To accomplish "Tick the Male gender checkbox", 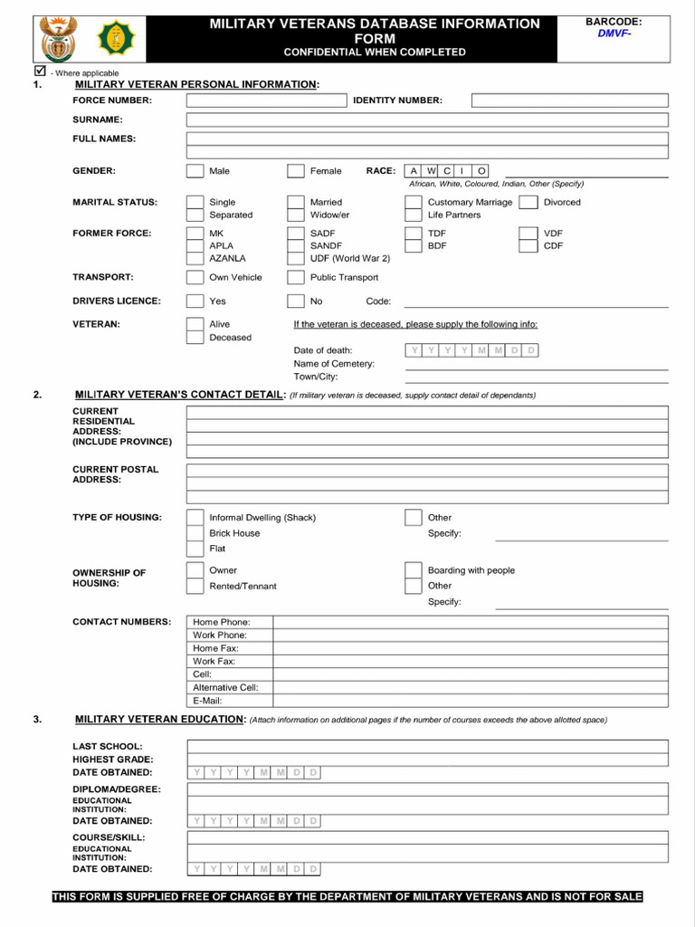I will click(x=195, y=171).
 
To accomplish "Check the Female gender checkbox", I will click(x=296, y=171).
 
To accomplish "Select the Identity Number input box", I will click(x=569, y=100).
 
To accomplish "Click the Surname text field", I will click(x=427, y=119).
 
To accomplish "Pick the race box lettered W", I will click(x=431, y=170).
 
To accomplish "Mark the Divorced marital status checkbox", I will click(x=528, y=202).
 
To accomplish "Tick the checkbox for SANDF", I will click(x=296, y=245).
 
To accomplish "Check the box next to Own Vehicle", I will click(x=195, y=278).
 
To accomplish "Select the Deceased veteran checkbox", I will click(x=195, y=337).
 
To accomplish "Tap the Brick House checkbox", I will click(x=195, y=533).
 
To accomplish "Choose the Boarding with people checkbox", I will click(x=413, y=570).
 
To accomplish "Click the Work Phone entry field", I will click(x=471, y=636).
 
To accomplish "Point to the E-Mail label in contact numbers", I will click(x=207, y=701).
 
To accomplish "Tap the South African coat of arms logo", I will click(x=60, y=39).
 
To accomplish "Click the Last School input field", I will click(x=427, y=746).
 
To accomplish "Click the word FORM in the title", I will click(x=375, y=39).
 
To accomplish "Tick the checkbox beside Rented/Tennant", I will click(x=195, y=586).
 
